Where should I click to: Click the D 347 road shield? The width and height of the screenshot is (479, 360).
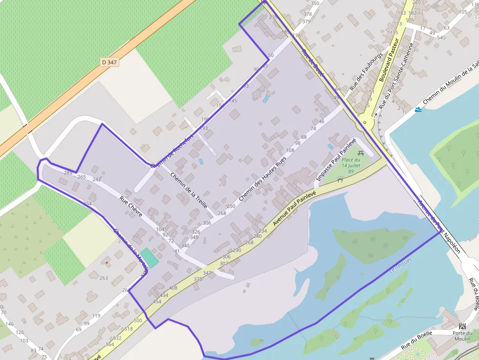(109, 63)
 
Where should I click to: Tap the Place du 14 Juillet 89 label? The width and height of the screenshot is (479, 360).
(351, 166)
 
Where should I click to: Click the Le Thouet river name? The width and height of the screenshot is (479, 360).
(401, 265)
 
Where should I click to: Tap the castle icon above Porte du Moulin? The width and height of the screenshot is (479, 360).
(462, 326)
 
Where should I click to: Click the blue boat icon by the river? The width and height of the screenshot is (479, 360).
(418, 109)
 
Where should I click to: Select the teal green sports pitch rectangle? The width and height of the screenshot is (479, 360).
(150, 257)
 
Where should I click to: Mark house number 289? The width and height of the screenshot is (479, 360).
(68, 173)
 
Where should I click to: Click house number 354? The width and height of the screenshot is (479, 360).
(87, 203)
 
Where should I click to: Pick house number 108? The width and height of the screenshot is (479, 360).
(290, 150)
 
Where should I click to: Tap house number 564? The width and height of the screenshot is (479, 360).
(110, 344)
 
